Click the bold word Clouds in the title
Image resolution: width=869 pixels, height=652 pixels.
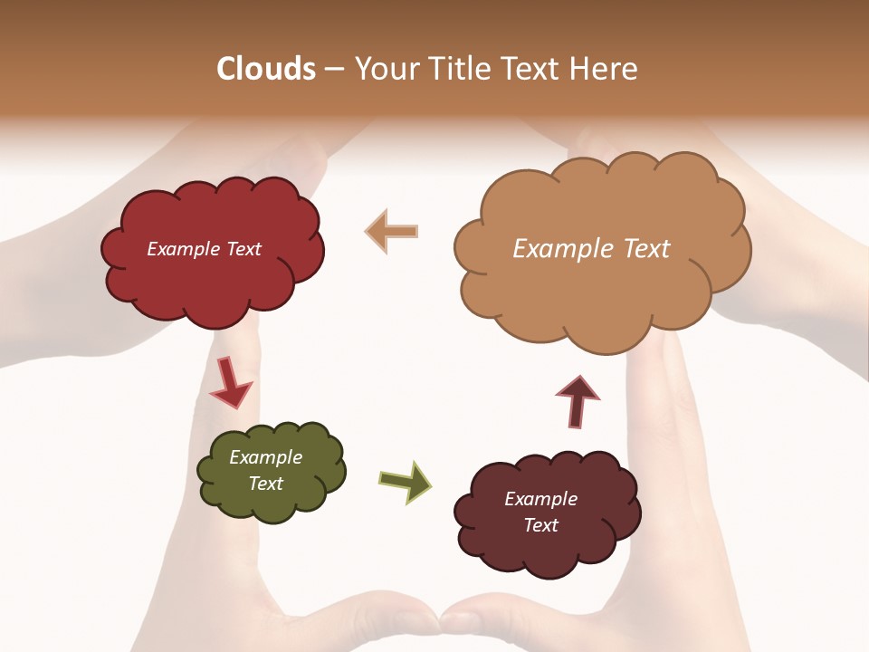pyautogui.click(x=265, y=69)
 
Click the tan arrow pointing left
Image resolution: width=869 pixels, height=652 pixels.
pyautogui.click(x=392, y=231)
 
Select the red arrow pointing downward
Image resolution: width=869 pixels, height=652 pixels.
pyautogui.click(x=231, y=384)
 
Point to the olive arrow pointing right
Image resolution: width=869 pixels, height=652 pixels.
pyautogui.click(x=406, y=483)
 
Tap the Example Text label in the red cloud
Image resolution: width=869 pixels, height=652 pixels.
pyautogui.click(x=204, y=249)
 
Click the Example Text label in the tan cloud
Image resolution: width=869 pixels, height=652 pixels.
pyautogui.click(x=591, y=249)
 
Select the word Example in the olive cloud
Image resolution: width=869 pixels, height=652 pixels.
pyautogui.click(x=265, y=457)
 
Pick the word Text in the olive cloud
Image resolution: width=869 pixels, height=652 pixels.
pyautogui.click(x=265, y=484)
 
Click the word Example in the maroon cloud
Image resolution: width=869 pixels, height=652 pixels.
pyautogui.click(x=540, y=499)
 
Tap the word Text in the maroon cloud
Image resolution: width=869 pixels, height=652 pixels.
pyautogui.click(x=540, y=525)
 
